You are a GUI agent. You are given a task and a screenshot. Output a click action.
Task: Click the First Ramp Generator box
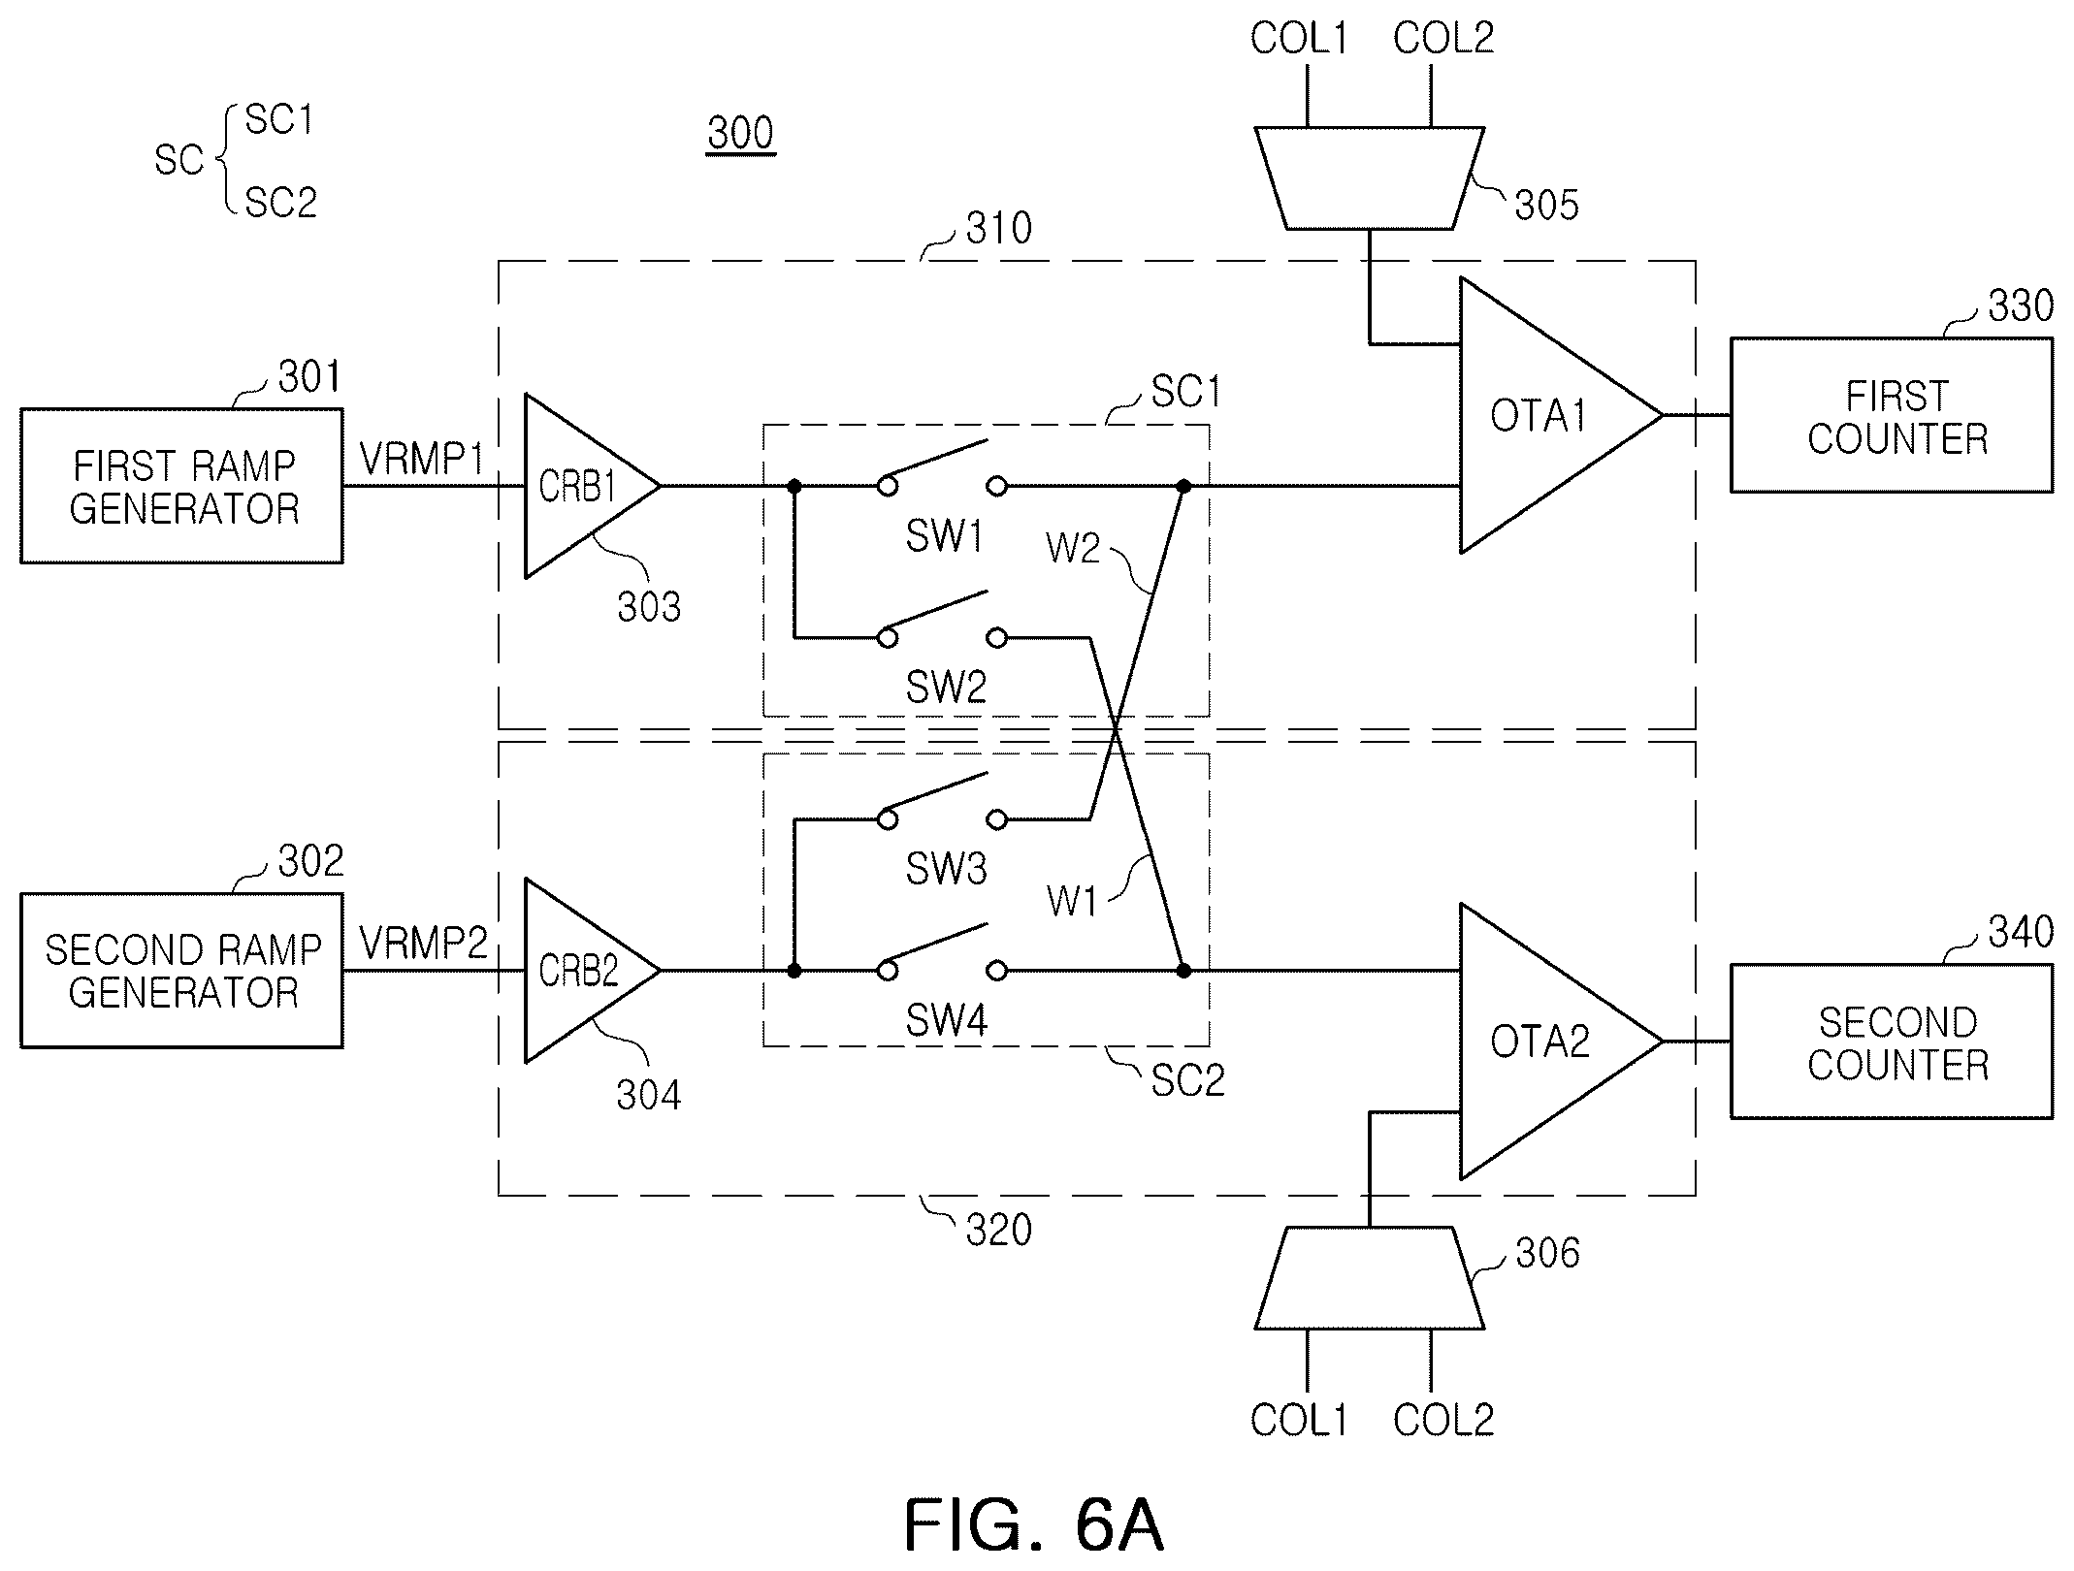(181, 486)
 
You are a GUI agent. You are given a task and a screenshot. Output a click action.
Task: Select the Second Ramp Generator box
(181, 970)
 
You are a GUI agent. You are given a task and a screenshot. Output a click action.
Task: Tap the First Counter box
(1892, 415)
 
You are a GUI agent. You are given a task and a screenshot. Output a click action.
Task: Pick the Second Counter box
(1892, 1042)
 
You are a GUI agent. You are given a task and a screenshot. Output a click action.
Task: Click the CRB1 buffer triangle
(582, 486)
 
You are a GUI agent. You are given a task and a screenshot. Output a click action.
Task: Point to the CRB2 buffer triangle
(582, 970)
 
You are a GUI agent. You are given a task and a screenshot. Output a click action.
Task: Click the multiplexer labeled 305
(1369, 178)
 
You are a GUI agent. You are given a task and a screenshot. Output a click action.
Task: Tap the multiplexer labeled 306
(1369, 1278)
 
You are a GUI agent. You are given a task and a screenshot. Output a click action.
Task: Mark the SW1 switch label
(945, 536)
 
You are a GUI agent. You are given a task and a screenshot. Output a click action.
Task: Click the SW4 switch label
(946, 1020)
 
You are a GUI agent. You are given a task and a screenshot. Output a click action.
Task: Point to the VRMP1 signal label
(422, 459)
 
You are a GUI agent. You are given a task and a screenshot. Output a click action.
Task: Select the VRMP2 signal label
(423, 943)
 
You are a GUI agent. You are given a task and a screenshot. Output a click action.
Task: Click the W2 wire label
(1073, 549)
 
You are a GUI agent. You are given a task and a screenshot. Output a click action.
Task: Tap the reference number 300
(740, 133)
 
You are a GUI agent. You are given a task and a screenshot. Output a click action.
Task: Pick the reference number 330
(2021, 305)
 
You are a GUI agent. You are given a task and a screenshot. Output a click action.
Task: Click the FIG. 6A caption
(1034, 1525)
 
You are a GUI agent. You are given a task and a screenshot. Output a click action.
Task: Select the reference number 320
(998, 1230)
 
